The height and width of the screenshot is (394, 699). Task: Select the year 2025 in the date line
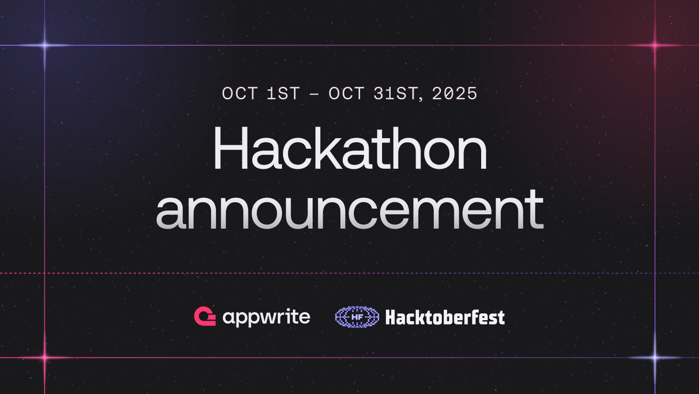tap(454, 93)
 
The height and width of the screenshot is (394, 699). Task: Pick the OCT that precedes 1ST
tap(239, 93)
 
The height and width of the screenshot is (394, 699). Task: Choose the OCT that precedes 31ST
tap(346, 93)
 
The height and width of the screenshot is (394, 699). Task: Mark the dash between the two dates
tap(314, 94)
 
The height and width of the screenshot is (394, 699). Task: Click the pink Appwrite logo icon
tap(205, 316)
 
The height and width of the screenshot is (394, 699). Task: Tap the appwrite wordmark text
tap(266, 317)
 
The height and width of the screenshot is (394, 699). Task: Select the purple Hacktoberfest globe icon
tap(357, 316)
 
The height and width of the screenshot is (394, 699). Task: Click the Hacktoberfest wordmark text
tap(445, 317)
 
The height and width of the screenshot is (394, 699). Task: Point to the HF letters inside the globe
tap(357, 316)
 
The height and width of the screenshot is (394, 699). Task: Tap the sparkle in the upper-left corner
tap(45, 45)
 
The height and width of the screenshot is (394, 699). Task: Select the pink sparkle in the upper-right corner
tap(655, 45)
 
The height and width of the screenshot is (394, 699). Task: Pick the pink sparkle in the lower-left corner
tap(45, 358)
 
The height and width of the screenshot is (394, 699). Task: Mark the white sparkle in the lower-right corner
tap(655, 358)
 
